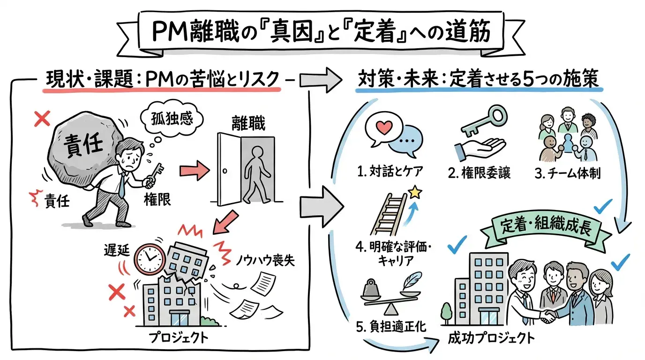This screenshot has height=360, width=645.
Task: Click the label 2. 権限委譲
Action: [x=479, y=172]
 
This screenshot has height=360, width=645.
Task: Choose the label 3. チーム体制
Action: [x=567, y=172]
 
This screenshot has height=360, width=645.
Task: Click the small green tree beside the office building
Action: [x=446, y=312]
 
